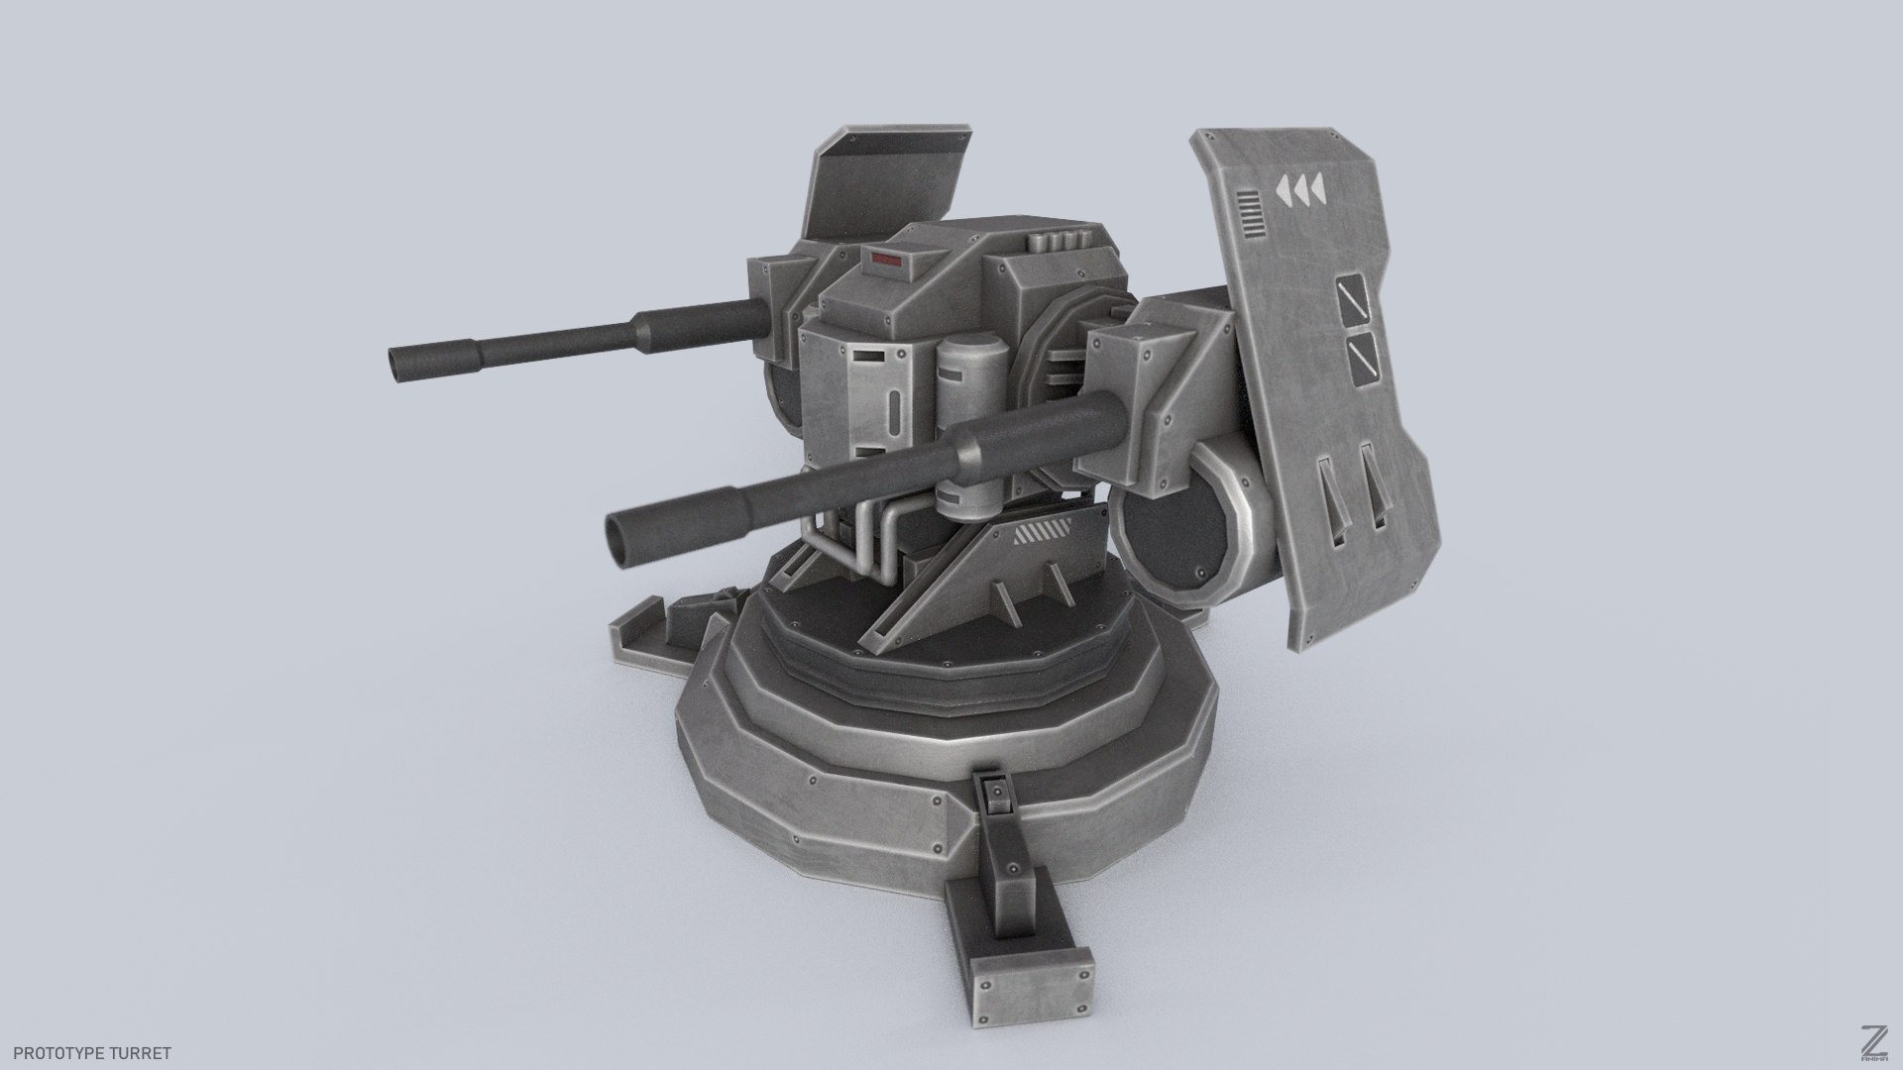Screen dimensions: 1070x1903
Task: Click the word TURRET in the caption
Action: tap(145, 1053)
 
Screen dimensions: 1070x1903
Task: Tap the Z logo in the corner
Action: tap(1871, 1040)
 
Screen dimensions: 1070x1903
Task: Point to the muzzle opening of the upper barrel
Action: tap(399, 365)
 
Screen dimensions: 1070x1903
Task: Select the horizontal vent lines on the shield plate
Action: tap(1251, 217)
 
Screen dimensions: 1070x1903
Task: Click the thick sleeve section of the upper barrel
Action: tap(699, 323)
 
